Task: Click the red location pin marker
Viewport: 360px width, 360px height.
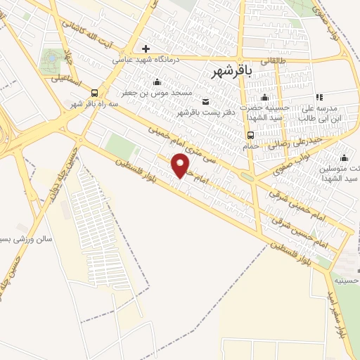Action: pyautogui.click(x=181, y=165)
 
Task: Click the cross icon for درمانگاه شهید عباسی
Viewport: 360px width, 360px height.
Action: pyautogui.click(x=146, y=49)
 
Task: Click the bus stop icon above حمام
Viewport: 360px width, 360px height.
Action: pyautogui.click(x=250, y=135)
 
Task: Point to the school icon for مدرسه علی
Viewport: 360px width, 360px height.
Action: pyautogui.click(x=317, y=97)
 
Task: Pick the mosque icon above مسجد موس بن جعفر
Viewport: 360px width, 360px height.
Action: pyautogui.click(x=156, y=82)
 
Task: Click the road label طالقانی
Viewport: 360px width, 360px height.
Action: pyautogui.click(x=274, y=61)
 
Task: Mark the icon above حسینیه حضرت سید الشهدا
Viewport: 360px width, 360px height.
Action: pyautogui.click(x=264, y=97)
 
